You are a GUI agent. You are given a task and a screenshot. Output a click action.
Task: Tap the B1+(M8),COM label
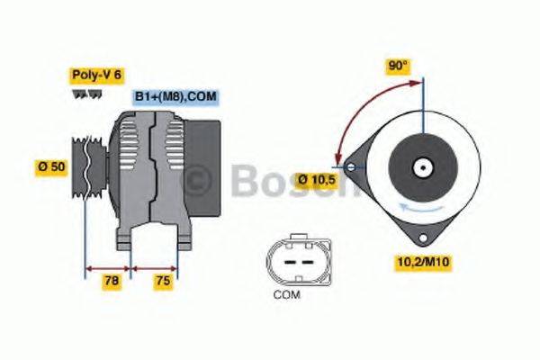(x=175, y=96)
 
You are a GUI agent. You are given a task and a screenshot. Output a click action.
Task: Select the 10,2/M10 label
(x=423, y=262)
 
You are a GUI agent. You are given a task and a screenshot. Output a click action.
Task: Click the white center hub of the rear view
(x=419, y=167)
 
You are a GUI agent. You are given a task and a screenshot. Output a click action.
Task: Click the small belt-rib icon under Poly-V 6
(x=82, y=93)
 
